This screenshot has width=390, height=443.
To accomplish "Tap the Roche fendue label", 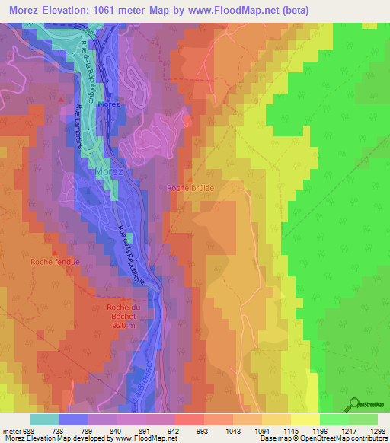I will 55,262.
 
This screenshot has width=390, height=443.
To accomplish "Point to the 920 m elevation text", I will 121,325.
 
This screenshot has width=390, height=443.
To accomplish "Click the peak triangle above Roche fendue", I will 54,252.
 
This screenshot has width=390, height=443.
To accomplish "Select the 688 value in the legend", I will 25,431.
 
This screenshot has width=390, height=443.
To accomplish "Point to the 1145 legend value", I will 291,431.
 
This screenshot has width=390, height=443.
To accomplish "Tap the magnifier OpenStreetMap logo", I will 353,404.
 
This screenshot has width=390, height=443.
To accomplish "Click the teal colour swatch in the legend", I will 45,419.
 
